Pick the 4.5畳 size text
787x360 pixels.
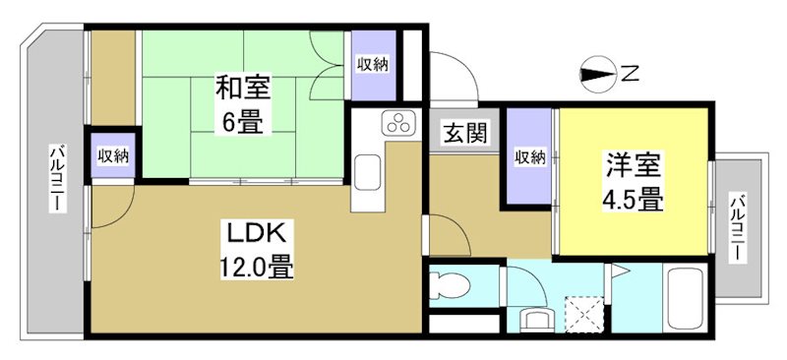tap(630, 198)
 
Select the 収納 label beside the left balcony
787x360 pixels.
tap(112, 155)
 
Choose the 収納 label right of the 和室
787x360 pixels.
tap(372, 64)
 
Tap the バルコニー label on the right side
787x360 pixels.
tap(737, 227)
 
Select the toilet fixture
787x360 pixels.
tap(452, 285)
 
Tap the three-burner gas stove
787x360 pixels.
tap(398, 124)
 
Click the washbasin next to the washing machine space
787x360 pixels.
tap(537, 319)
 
